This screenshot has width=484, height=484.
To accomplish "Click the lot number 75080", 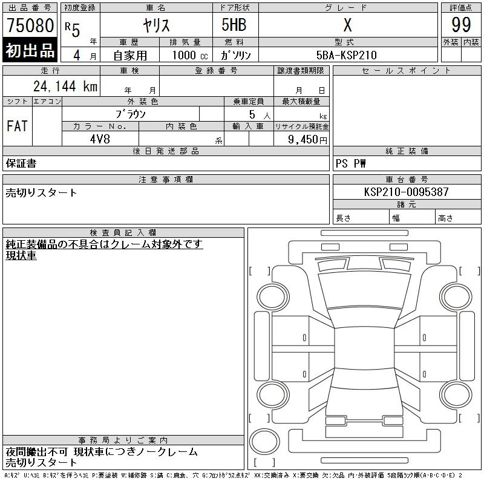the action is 30,25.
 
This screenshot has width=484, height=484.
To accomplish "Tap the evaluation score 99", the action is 461,25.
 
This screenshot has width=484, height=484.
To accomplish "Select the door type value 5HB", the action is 234,25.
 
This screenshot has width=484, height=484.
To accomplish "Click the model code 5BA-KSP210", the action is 347,55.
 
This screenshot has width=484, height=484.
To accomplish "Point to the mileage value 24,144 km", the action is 65,86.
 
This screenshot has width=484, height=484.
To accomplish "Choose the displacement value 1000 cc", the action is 190,55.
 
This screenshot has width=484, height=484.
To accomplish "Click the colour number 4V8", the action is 100,139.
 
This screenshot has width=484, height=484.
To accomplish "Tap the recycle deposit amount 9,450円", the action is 307,140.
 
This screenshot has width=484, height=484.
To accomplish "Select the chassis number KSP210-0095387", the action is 406,192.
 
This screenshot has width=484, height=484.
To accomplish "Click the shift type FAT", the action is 18,126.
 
